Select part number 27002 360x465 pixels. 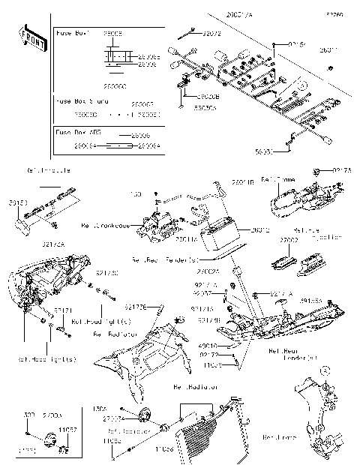pos(289,240)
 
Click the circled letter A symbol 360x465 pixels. pos(325,370)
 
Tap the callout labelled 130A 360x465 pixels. pos(98,409)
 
